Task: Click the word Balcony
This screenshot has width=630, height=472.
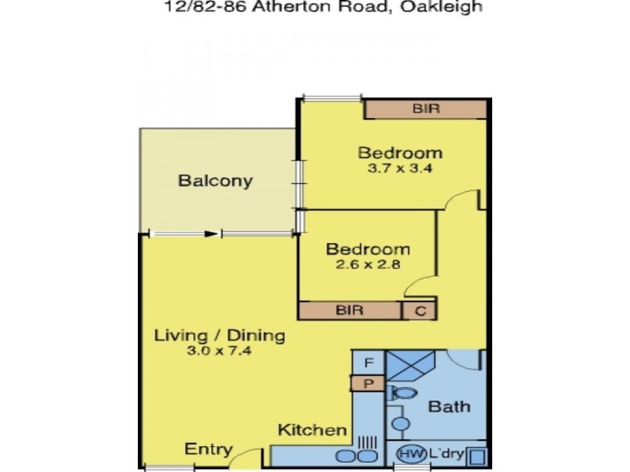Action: coord(215,181)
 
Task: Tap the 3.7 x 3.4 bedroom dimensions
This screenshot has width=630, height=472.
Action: coord(400,168)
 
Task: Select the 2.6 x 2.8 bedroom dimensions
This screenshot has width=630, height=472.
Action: coord(369,265)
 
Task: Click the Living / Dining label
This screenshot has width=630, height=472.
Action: coord(219,336)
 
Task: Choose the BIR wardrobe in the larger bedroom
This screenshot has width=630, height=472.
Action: coord(425,109)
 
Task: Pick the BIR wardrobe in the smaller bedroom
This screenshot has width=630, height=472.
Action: coord(350,310)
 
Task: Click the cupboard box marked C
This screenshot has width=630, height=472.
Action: coord(421,311)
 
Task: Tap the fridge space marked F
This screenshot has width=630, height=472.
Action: coord(368,363)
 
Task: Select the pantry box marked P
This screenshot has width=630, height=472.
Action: coord(368,383)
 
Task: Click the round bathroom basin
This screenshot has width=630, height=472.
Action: coord(401,425)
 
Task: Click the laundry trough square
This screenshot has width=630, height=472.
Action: coord(477,455)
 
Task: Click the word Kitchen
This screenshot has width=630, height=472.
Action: coord(313,430)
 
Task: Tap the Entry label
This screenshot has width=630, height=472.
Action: coord(208,450)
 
